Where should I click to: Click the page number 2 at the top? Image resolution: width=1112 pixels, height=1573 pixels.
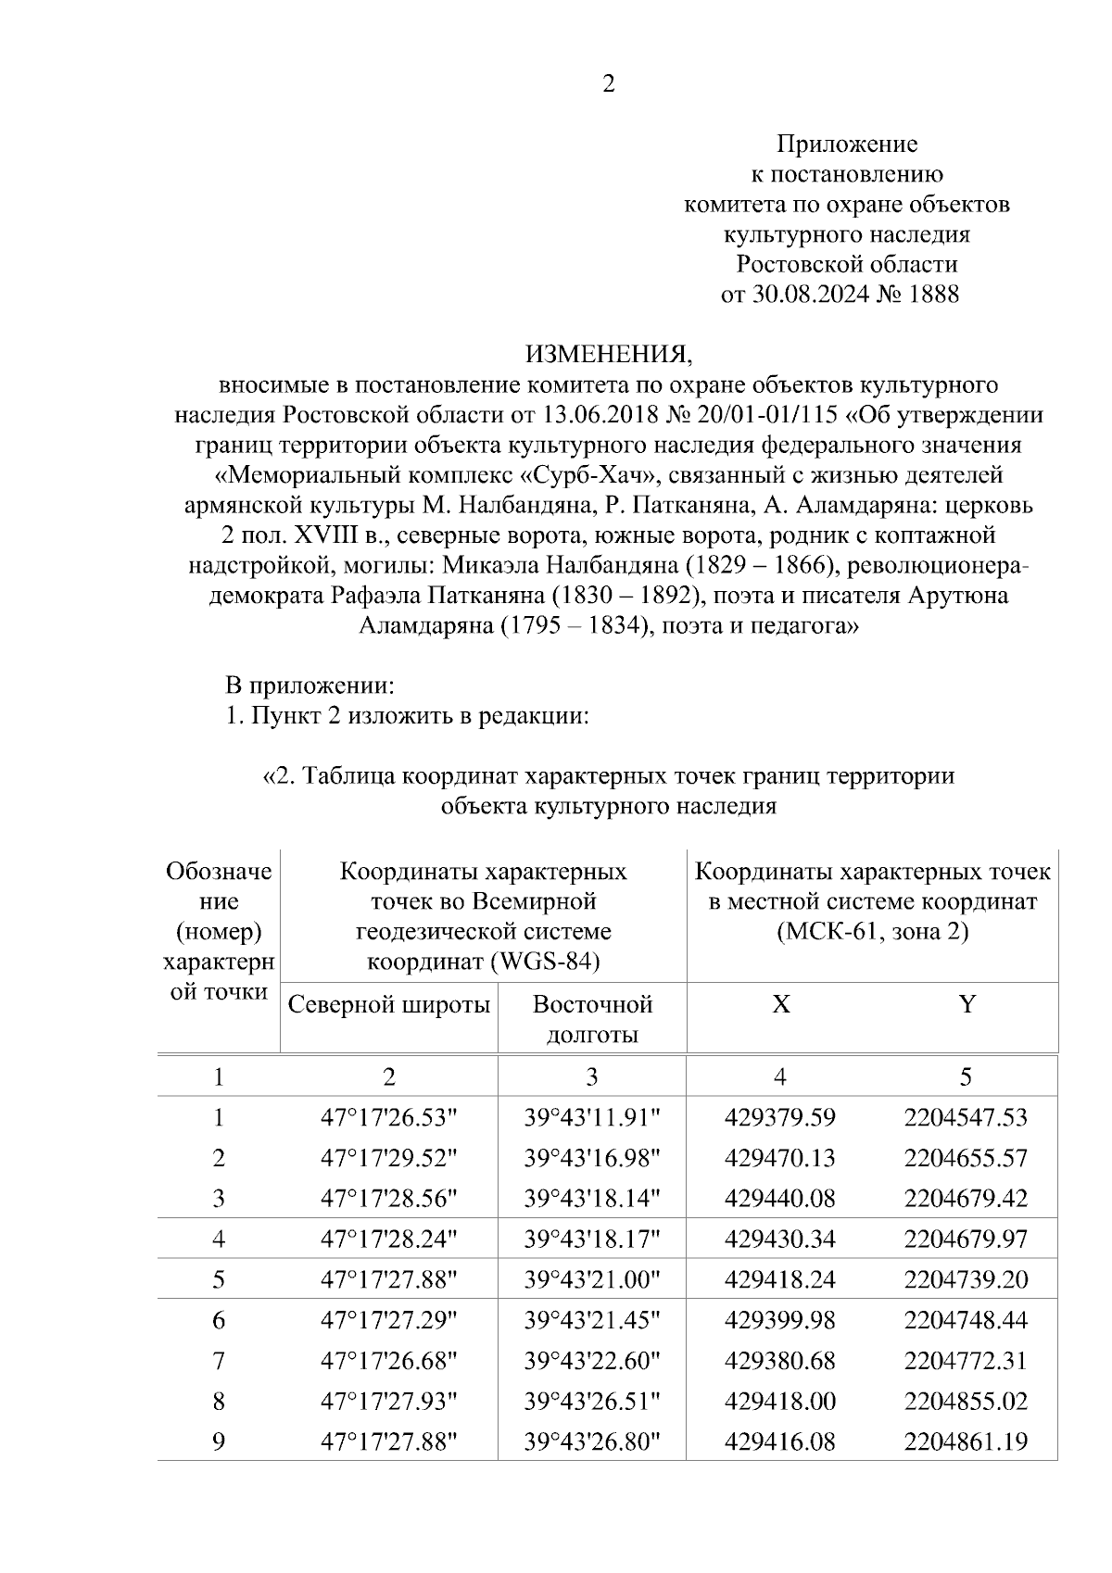(609, 84)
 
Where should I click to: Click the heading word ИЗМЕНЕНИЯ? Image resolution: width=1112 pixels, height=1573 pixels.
(609, 354)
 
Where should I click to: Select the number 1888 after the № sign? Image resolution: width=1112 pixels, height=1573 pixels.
(934, 295)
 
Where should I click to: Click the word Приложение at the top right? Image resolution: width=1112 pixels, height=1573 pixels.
(846, 144)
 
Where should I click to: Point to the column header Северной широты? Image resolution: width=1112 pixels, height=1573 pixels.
(389, 1004)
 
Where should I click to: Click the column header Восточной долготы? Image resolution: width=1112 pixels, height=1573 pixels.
(592, 1019)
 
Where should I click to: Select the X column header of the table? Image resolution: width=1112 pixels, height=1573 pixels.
(781, 1004)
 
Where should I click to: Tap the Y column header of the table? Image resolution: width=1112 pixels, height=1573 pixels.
(967, 1004)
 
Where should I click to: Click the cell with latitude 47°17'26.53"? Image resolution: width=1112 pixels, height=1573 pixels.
(389, 1117)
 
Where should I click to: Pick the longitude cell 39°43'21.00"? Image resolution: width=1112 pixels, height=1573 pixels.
(592, 1279)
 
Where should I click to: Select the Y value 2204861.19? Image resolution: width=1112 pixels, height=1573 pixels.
(966, 1441)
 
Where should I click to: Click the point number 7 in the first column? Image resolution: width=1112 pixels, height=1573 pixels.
(219, 1361)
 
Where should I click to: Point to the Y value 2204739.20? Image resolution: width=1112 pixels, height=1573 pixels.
(966, 1279)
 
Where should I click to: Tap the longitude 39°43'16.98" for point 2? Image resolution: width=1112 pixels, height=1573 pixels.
(592, 1158)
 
